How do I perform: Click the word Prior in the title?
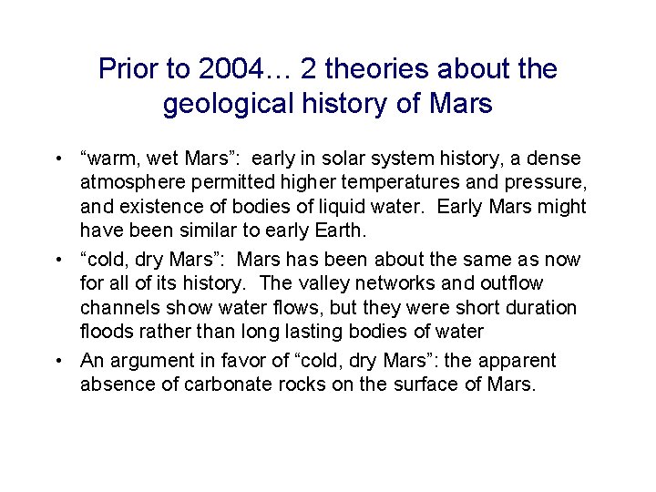127,68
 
